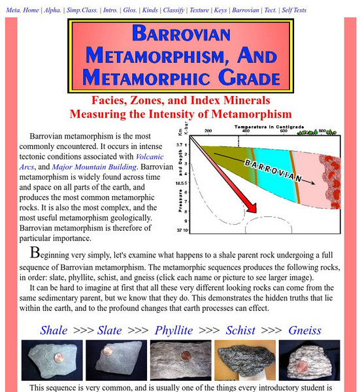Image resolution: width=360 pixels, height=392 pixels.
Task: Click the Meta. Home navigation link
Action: [22, 11]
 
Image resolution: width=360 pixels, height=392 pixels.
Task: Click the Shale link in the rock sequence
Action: [54, 330]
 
